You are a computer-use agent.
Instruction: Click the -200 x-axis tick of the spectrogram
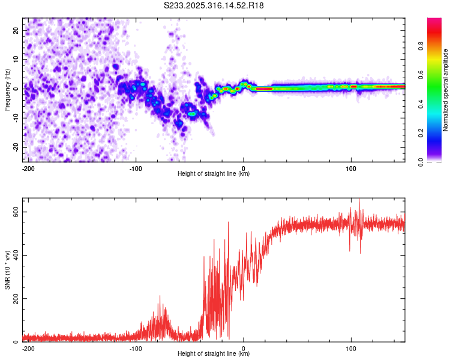click(x=27, y=168)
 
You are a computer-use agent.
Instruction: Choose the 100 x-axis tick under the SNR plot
click(x=351, y=348)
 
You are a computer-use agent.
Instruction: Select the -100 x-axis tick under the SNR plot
click(x=135, y=348)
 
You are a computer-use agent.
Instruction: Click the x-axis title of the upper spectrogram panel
click(x=214, y=174)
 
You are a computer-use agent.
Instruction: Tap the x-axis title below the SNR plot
click(x=214, y=354)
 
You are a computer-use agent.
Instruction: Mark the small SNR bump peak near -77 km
click(x=160, y=296)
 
